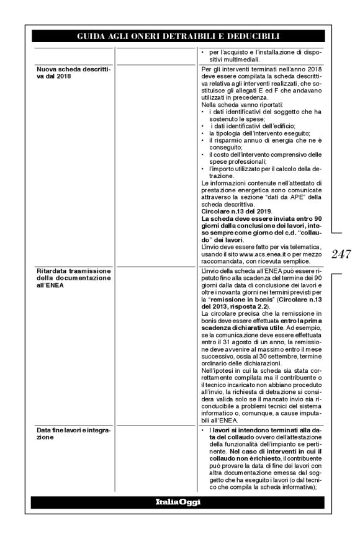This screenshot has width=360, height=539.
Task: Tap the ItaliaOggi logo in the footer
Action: [x=179, y=502]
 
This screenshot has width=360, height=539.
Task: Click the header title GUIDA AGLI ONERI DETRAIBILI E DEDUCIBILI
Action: [x=179, y=36]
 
